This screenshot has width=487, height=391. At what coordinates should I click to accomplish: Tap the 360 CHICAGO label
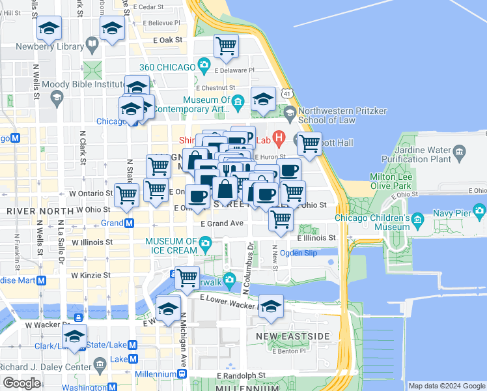167,67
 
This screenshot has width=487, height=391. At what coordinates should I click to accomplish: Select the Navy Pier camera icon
480,210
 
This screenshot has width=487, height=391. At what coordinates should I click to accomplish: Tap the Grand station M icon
129,223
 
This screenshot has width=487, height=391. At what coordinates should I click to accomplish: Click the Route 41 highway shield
286,94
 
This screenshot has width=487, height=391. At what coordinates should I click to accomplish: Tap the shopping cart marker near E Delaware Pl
226,46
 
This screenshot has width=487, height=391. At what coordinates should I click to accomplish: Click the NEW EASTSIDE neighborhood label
292,336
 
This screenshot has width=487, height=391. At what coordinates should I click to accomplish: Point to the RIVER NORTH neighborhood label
31,211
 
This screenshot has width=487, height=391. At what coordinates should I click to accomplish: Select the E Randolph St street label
242,376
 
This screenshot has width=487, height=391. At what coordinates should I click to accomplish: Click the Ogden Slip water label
298,253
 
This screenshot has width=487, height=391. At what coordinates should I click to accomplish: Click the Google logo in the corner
21,383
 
